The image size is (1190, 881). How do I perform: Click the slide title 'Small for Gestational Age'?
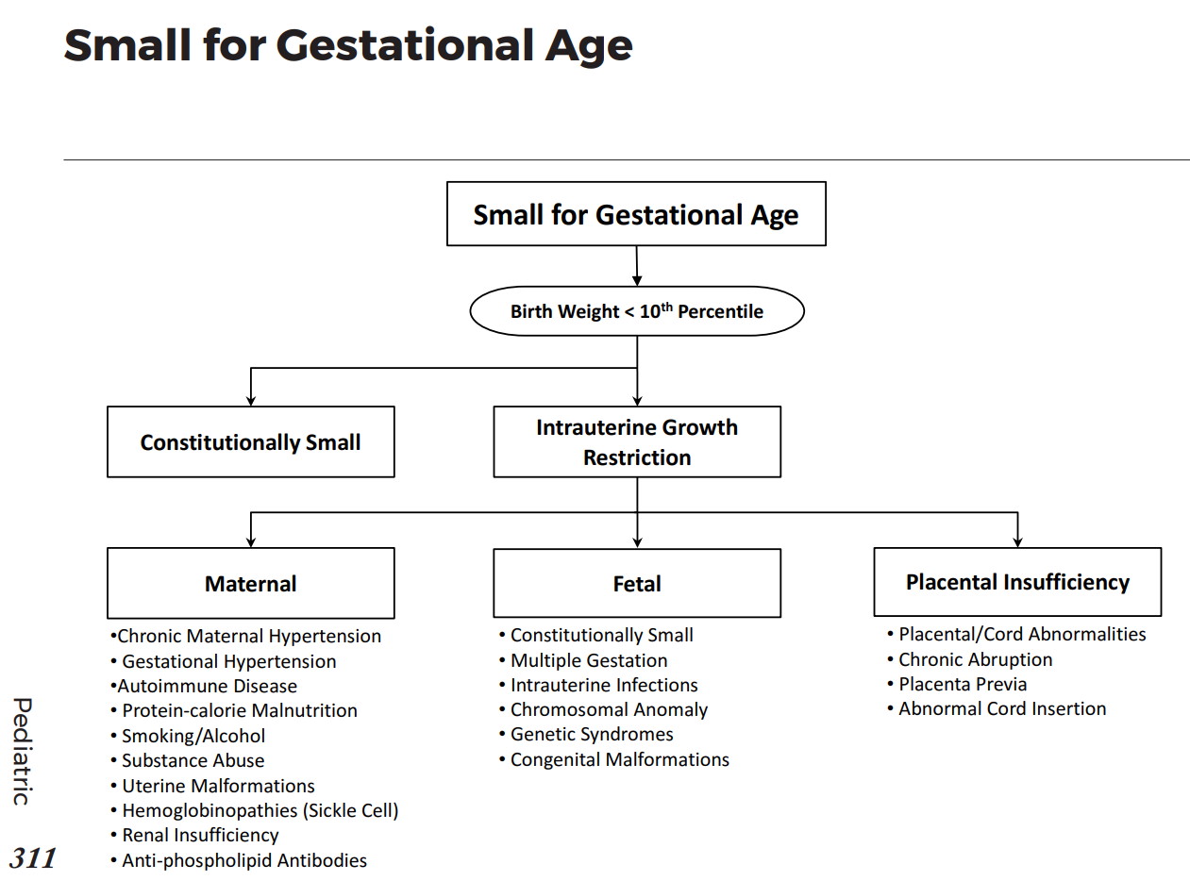[x=347, y=45]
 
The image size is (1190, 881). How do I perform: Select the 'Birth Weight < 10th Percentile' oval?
[x=637, y=311]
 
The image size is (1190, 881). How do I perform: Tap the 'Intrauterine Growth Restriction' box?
[x=637, y=441]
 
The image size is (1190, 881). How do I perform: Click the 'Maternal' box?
[x=250, y=583]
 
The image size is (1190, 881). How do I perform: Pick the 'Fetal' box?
[x=637, y=583]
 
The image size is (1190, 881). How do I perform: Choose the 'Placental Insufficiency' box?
[x=1017, y=581]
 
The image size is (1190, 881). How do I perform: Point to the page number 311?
[x=33, y=857]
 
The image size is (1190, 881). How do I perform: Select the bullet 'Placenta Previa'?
[x=962, y=684]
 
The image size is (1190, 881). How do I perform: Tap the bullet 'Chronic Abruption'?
[x=975, y=659]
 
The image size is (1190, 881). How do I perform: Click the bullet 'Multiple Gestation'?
[x=588, y=660]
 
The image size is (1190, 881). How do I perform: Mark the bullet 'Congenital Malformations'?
[x=619, y=759]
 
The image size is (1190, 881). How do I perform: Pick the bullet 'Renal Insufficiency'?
[x=200, y=835]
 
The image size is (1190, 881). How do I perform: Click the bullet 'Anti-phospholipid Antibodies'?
[x=243, y=860]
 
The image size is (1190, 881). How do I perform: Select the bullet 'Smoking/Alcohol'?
[x=193, y=736]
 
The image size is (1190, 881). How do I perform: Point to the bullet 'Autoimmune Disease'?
[x=207, y=686]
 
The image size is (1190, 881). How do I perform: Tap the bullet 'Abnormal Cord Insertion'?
[x=1002, y=708]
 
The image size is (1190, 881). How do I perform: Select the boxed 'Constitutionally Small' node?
[x=250, y=441]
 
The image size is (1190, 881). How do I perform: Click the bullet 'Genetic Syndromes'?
[x=592, y=734]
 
